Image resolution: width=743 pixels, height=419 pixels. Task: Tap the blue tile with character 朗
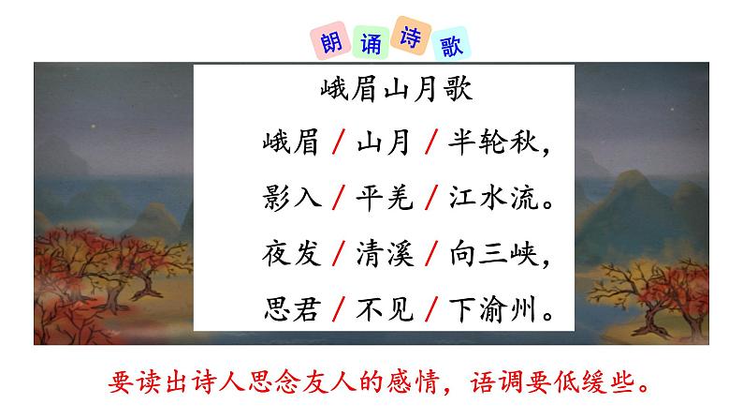(x=323, y=42)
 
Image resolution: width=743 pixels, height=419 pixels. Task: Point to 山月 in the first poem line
(x=383, y=144)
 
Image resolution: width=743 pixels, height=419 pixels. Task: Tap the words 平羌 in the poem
(x=383, y=198)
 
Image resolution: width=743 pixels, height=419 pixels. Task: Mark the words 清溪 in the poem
(x=383, y=252)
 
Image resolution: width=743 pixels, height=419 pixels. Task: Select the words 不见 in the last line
(x=383, y=307)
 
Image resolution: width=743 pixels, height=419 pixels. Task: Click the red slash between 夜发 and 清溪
(x=336, y=252)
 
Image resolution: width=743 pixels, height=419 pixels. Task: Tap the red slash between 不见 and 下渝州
(x=431, y=307)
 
